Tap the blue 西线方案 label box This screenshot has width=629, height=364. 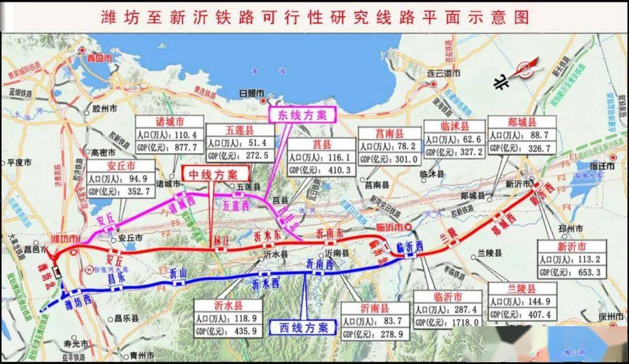(x=302, y=327)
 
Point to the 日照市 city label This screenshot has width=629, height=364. (x=252, y=93)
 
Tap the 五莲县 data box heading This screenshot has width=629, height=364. (x=240, y=130)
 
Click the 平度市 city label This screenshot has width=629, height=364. (x=19, y=163)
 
